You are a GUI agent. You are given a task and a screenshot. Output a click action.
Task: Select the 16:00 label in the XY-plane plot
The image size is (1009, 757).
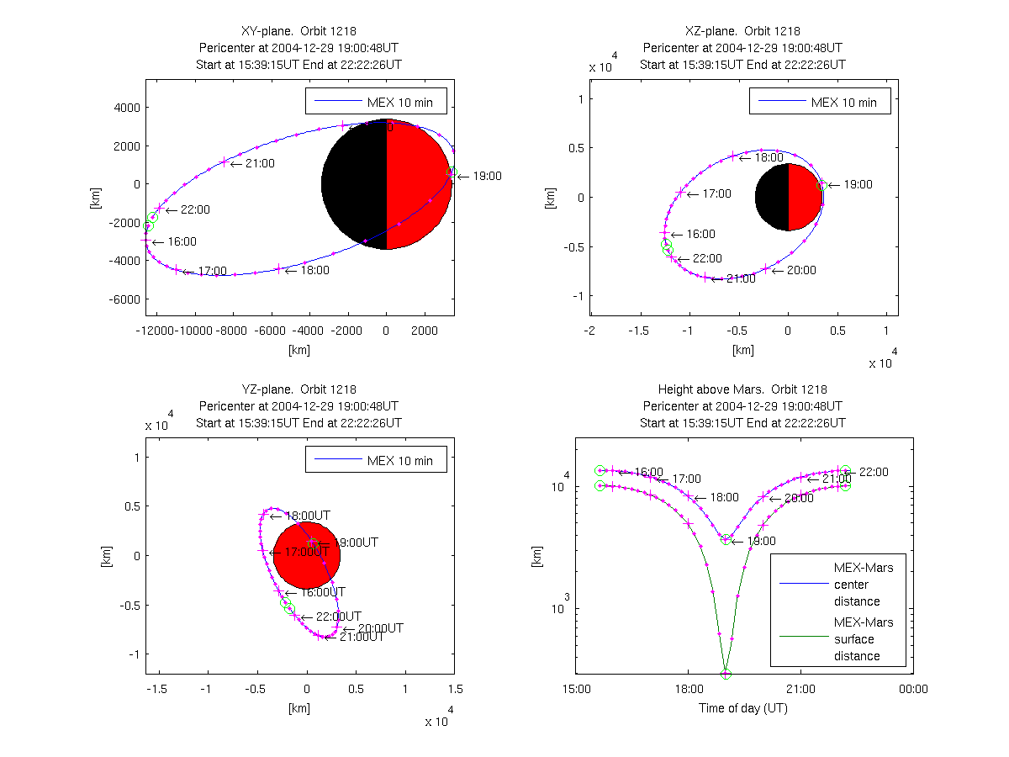pyautogui.click(x=182, y=241)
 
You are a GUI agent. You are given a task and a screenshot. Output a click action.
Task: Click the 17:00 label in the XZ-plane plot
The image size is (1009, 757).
pyautogui.click(x=716, y=193)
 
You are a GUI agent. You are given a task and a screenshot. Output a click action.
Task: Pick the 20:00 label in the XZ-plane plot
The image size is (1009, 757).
pyautogui.click(x=800, y=270)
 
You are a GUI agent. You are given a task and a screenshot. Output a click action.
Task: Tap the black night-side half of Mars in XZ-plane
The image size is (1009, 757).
pyautogui.click(x=772, y=198)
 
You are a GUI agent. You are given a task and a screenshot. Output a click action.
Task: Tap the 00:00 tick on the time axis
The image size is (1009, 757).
pyautogui.click(x=913, y=690)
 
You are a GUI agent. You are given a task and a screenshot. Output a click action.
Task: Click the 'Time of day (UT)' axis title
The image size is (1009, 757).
pyautogui.click(x=743, y=708)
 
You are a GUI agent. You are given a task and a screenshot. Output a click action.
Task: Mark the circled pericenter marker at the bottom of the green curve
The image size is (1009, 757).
pyautogui.click(x=726, y=674)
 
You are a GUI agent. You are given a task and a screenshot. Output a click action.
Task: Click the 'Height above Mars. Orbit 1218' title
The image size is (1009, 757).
pyautogui.click(x=742, y=389)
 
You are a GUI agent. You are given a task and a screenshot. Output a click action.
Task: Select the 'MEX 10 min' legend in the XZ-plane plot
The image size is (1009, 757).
pyautogui.click(x=820, y=103)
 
